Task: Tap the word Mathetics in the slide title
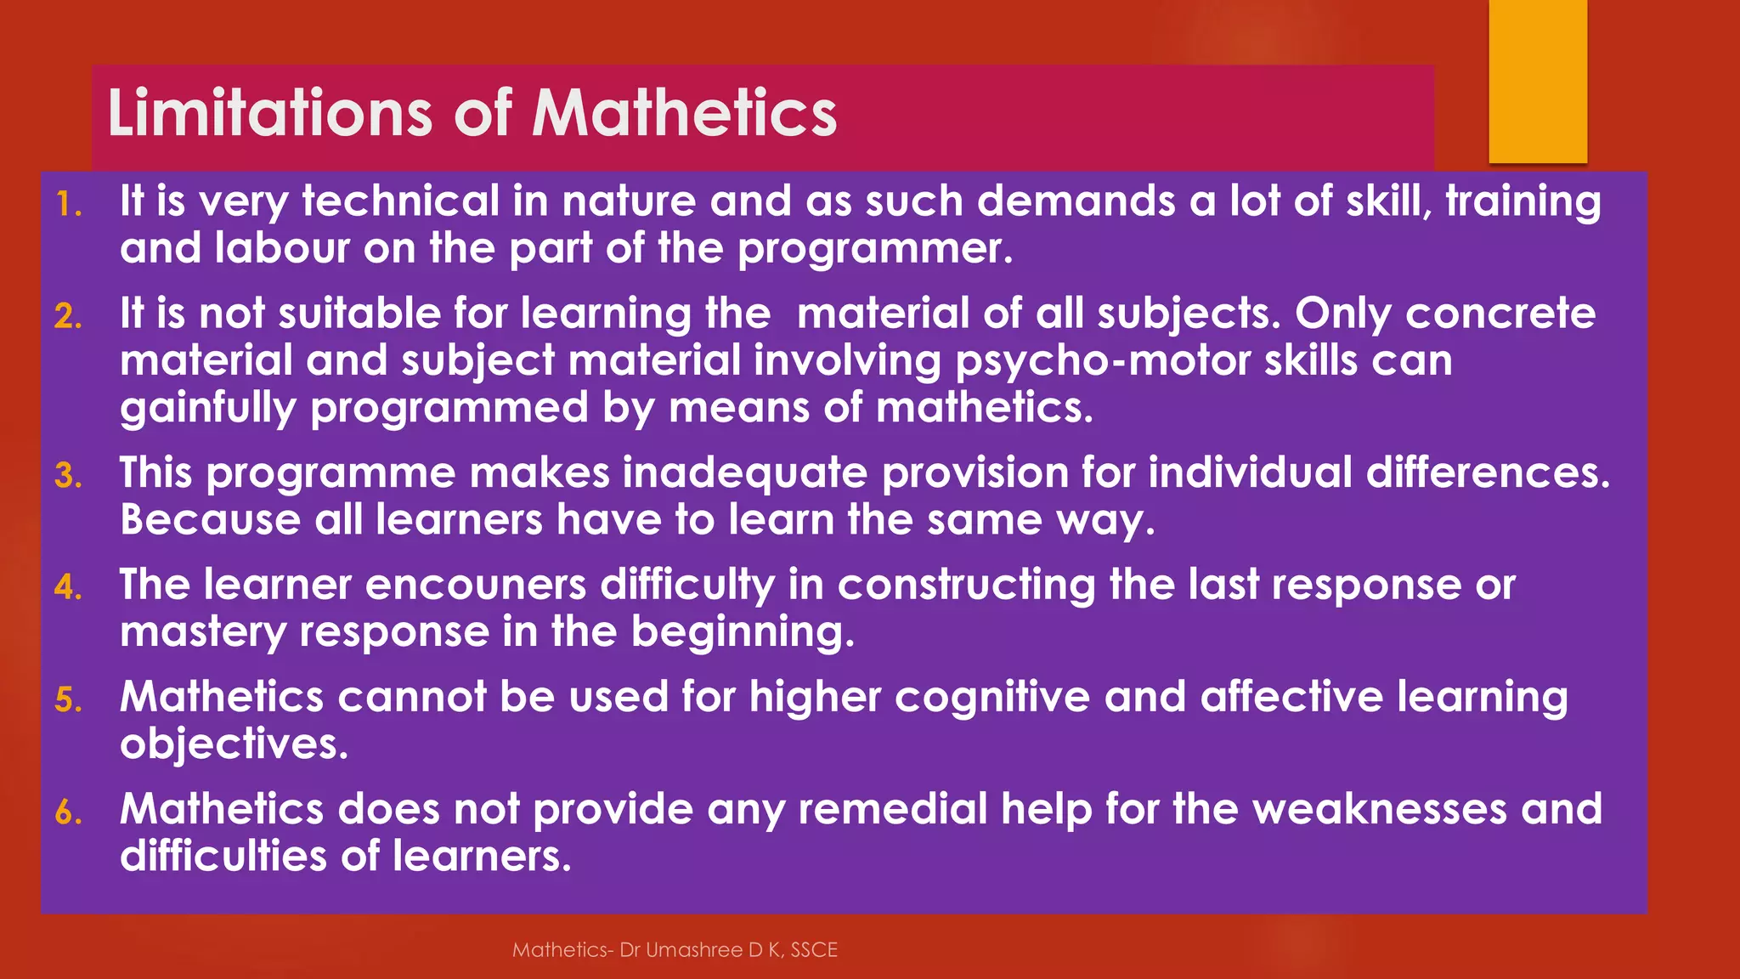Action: tap(685, 113)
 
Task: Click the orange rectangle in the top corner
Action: tap(1538, 81)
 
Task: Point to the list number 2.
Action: tap(68, 317)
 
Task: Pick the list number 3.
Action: tap(68, 476)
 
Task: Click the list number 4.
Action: tap(68, 588)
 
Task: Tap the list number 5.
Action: tap(68, 700)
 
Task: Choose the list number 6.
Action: tap(68, 812)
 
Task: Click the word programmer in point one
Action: tap(875, 249)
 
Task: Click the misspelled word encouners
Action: tap(476, 586)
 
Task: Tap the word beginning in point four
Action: tap(743, 633)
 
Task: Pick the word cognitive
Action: tap(991, 698)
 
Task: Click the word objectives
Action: tap(234, 745)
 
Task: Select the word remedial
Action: tap(892, 809)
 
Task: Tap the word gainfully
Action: tap(208, 409)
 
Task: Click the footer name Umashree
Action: tap(694, 950)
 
